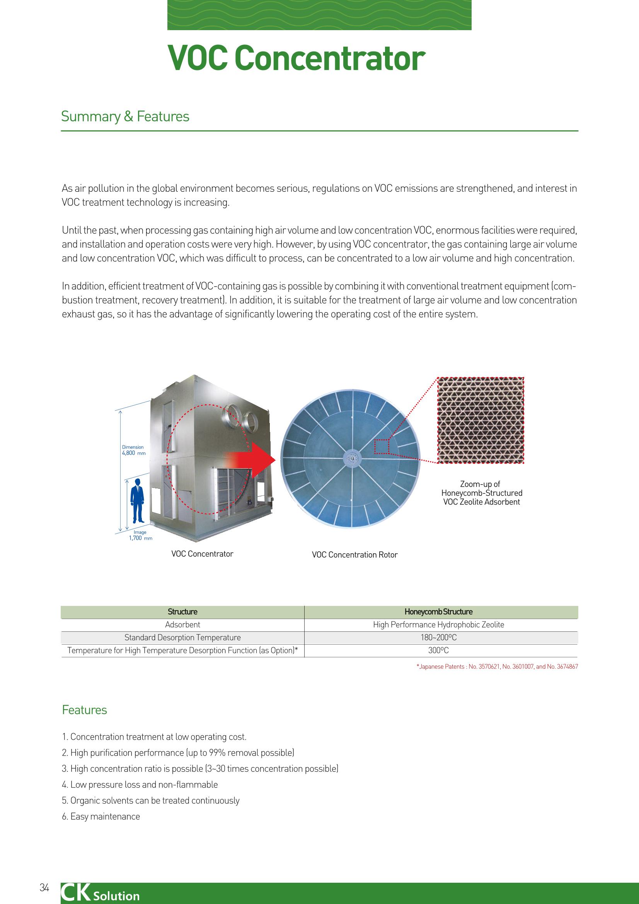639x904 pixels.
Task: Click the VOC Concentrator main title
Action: coord(296,59)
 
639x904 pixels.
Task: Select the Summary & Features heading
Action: coord(125,116)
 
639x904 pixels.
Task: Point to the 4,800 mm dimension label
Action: coord(133,450)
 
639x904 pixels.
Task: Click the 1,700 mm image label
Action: coord(141,535)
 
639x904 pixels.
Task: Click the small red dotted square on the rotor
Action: coord(382,447)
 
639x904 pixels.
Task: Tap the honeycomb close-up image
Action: coord(481,420)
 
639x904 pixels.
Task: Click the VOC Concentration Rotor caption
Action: coord(355,555)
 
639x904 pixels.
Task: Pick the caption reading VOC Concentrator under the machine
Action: coord(203,554)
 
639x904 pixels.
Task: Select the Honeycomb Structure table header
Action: coord(439,612)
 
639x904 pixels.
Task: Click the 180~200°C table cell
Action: coord(439,638)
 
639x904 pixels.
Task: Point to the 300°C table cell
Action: coord(439,650)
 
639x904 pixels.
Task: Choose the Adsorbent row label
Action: coord(183,625)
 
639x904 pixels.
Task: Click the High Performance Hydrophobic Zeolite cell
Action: coord(439,625)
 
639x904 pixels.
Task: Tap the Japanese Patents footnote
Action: coord(497,667)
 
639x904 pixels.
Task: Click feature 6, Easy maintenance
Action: coord(101,817)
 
